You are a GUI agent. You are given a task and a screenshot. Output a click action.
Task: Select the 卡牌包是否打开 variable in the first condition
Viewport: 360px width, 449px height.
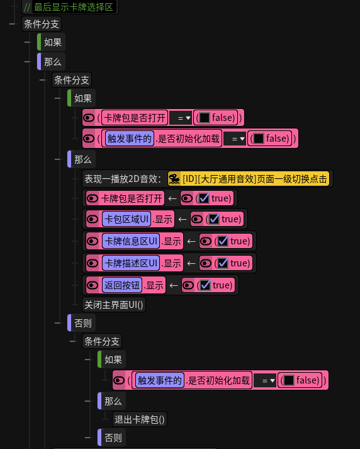135,118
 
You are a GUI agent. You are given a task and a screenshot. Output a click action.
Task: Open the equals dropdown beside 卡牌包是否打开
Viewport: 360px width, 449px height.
181,118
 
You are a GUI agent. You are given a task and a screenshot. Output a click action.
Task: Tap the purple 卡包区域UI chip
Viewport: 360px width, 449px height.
127,219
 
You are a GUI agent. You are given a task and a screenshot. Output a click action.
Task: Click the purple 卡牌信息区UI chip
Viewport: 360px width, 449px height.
131,241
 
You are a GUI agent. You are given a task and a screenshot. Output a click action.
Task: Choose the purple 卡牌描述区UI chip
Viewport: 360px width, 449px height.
131,263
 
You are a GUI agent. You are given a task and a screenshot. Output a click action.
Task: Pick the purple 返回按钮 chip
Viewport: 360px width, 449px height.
122,285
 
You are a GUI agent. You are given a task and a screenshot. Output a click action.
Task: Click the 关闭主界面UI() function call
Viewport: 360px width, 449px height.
114,305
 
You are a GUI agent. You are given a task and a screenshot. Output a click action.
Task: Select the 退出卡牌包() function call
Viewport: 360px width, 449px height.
140,419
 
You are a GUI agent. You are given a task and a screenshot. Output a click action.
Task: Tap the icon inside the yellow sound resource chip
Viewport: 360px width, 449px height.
174,179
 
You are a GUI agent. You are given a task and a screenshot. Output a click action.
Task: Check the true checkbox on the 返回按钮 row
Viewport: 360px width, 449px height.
205,285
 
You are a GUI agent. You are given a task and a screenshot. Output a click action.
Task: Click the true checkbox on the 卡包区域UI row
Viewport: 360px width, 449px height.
214,219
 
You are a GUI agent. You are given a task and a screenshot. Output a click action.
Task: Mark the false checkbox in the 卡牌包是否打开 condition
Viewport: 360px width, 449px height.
205,118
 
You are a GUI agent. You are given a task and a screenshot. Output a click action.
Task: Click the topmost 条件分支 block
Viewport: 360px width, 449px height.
42,24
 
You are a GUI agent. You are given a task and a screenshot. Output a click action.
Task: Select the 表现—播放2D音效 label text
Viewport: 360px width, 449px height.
123,179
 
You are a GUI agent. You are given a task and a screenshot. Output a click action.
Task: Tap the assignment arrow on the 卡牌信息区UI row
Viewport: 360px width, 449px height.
191,241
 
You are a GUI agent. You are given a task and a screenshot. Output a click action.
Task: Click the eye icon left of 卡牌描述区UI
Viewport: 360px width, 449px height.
93,263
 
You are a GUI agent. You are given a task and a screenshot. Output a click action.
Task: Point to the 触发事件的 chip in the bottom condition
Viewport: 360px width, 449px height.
160,380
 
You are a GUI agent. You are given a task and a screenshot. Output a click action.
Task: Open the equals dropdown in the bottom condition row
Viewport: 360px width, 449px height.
265,380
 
